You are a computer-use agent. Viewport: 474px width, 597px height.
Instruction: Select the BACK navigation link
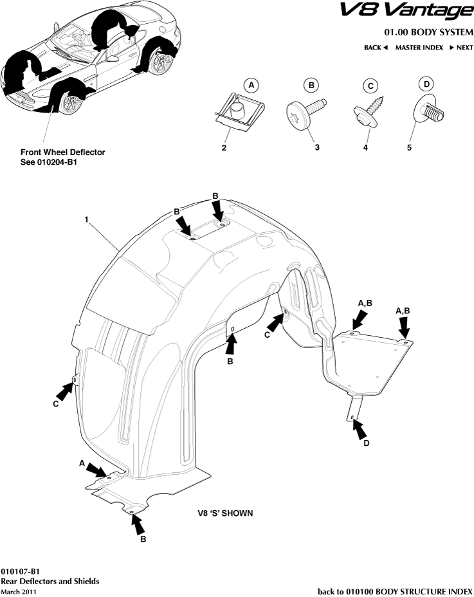376,48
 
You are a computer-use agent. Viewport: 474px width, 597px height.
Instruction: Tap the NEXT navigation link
461,48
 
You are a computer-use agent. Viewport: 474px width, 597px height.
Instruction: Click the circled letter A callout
252,85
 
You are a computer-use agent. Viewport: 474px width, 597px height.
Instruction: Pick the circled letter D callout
425,84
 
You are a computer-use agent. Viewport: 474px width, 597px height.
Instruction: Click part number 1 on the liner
85,219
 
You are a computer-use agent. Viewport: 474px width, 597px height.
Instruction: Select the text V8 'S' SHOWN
224,514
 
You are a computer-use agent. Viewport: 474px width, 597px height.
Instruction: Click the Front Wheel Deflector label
62,152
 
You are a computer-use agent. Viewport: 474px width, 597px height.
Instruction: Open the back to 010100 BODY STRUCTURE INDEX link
395,591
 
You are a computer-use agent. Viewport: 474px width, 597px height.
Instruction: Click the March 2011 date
18,591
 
